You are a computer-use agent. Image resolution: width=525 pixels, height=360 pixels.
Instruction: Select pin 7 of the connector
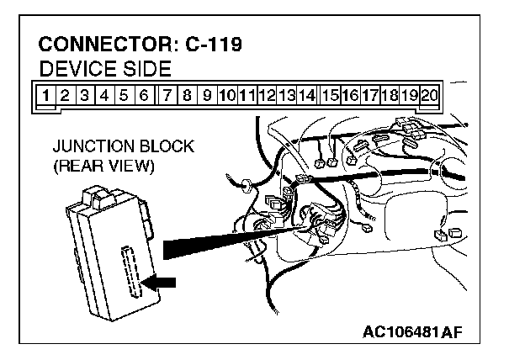click(168, 95)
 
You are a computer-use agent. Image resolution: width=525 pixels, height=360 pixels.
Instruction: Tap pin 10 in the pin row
click(226, 95)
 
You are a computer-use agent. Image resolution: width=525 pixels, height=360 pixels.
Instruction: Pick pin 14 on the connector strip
click(307, 95)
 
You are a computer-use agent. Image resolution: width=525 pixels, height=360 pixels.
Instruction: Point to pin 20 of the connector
click(428, 95)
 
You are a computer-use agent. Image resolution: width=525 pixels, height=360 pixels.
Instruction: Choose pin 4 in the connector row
click(104, 95)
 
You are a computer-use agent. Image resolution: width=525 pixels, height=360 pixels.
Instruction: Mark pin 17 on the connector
click(369, 95)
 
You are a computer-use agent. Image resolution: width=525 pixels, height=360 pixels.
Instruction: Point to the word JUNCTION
click(90, 147)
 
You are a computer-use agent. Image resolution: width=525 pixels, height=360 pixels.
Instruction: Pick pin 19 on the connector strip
click(409, 95)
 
